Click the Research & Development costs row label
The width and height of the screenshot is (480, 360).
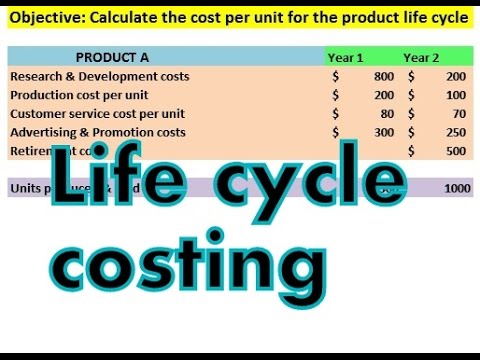(99, 76)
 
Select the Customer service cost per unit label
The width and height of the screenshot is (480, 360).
(97, 113)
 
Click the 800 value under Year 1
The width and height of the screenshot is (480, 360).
(384, 76)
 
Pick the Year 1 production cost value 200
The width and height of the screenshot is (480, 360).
(384, 95)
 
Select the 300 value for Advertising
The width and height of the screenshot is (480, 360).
(384, 132)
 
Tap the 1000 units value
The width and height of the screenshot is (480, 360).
(457, 188)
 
